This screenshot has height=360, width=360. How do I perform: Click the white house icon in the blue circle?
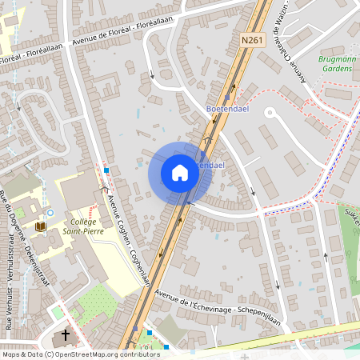[179, 173]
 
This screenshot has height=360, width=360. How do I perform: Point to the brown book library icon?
[40, 227]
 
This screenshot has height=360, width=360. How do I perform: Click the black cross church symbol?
[66, 335]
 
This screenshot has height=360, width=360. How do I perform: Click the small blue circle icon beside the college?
[50, 213]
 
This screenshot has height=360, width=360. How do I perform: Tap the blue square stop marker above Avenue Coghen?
[106, 170]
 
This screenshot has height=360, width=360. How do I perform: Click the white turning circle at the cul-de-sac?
[270, 113]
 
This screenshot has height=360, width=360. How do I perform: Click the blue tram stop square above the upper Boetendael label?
[227, 97]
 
